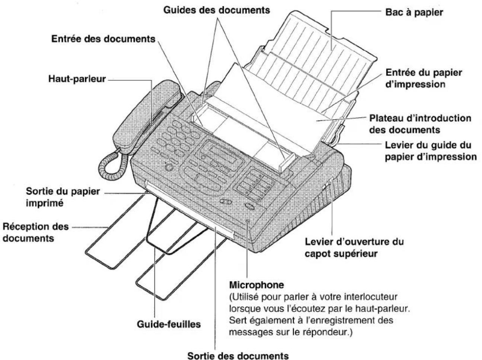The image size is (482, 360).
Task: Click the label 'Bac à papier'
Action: point(414,12)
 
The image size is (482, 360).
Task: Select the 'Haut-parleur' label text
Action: point(77,79)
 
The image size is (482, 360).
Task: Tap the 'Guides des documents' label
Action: point(217,10)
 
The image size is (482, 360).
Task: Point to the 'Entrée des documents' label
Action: point(103,39)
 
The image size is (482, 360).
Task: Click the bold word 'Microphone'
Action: point(256,285)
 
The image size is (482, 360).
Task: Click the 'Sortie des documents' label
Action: point(238,356)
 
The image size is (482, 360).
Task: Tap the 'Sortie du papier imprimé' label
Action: point(63,197)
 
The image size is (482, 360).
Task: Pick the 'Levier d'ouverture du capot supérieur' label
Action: point(354,248)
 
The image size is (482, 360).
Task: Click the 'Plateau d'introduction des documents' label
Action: point(420,124)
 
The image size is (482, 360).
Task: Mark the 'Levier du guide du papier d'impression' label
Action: point(430,151)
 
